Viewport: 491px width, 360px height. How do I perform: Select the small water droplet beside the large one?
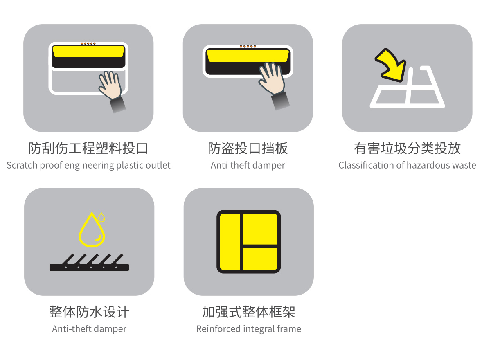(101, 217)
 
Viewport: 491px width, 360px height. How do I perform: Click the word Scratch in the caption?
(22, 165)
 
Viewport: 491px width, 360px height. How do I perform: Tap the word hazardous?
(430, 165)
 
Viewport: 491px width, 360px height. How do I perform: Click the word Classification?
(365, 165)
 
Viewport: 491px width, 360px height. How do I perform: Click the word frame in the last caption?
(289, 329)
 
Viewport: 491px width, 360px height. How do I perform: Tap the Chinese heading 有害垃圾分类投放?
(407, 148)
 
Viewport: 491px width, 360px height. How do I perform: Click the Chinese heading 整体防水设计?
(89, 312)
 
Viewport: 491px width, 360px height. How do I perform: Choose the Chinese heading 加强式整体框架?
(249, 312)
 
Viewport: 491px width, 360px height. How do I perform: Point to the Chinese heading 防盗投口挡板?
(248, 148)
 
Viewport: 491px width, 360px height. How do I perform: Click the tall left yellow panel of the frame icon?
(230, 242)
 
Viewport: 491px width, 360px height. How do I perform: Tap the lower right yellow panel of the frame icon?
(260, 259)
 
